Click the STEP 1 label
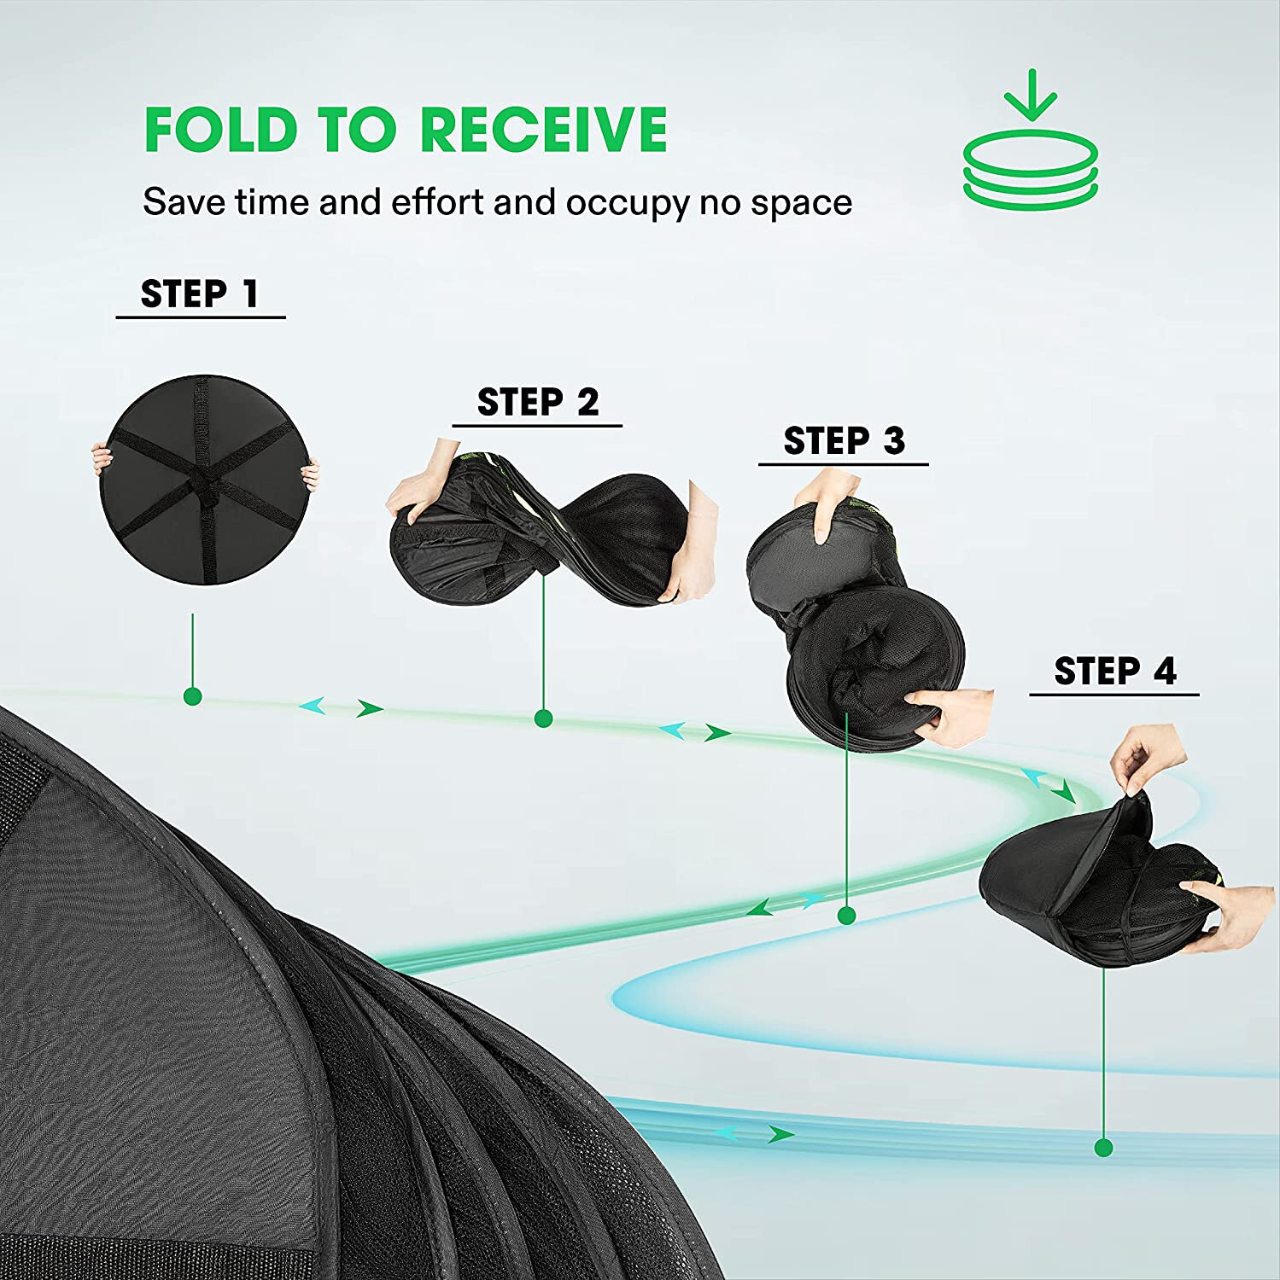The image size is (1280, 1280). [x=200, y=294]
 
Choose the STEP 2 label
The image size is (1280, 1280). [x=538, y=402]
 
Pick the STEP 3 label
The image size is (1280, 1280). [x=844, y=441]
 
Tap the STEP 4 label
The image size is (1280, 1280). [x=1115, y=672]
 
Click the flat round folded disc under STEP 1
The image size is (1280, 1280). [x=205, y=479]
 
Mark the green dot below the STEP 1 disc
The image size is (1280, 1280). [x=193, y=696]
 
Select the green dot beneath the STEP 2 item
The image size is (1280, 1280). [x=543, y=719]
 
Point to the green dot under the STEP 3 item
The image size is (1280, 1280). [x=847, y=916]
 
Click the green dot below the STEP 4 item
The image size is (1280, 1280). [x=1103, y=1148]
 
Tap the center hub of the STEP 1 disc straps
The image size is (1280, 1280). [x=203, y=483]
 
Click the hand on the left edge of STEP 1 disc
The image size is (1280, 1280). [x=102, y=461]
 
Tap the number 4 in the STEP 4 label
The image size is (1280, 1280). [x=1165, y=672]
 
